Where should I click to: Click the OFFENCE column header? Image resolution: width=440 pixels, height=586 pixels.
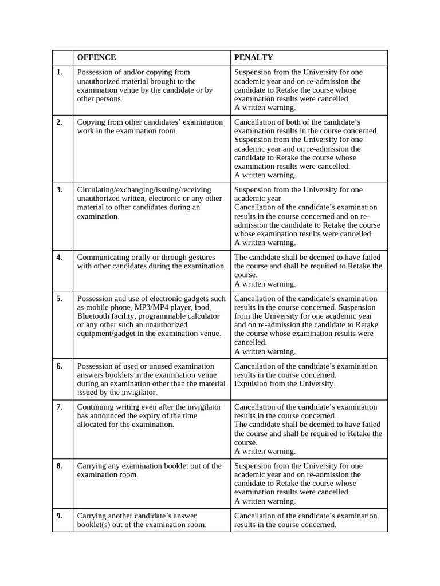[96, 57]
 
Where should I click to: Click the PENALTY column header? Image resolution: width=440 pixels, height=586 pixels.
[253, 57]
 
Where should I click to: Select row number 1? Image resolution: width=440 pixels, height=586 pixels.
[60, 72]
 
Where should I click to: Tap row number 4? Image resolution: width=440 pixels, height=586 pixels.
[60, 257]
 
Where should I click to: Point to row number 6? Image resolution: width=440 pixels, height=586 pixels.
[60, 366]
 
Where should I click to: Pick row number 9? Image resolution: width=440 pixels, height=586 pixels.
[60, 516]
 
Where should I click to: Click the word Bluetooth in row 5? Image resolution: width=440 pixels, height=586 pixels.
[93, 316]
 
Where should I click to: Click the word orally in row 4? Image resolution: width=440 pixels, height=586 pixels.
[136, 257]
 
